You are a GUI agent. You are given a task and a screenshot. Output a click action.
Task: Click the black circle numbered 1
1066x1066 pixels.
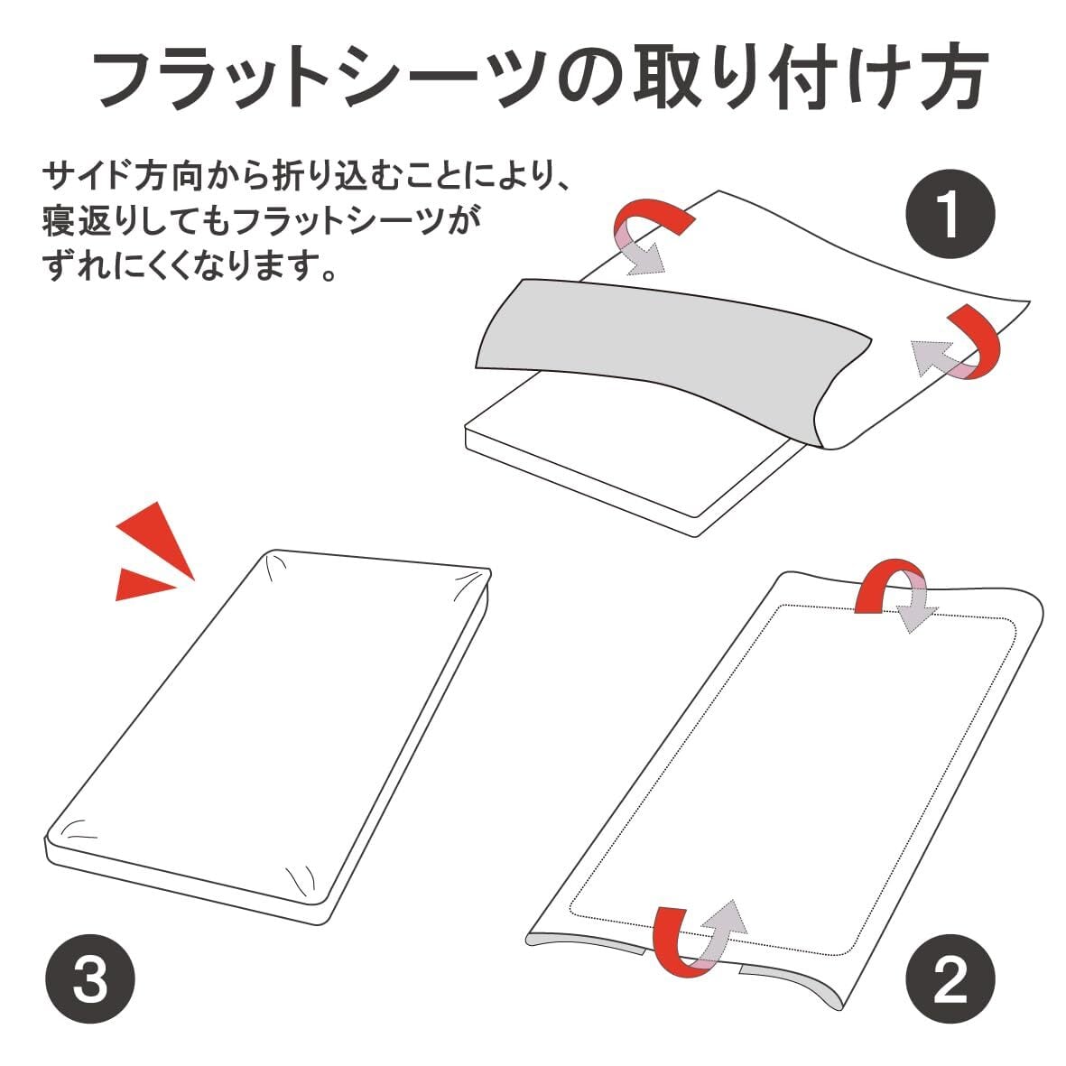click(x=950, y=214)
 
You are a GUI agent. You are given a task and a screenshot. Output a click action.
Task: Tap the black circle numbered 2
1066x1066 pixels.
click(x=950, y=978)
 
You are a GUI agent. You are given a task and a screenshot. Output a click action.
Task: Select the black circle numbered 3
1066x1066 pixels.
click(x=89, y=978)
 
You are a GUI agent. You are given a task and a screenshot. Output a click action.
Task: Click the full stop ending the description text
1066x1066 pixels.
click(x=329, y=274)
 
